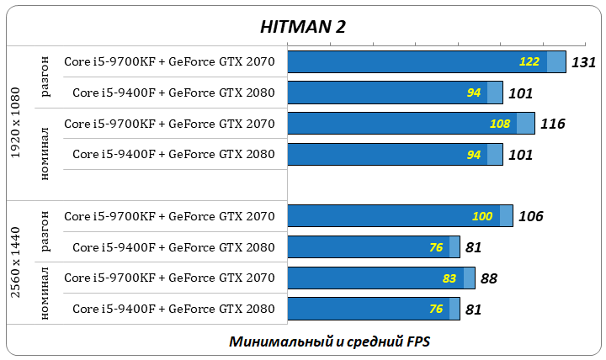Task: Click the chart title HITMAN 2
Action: [303, 27]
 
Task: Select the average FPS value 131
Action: [583, 62]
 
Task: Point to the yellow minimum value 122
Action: [529, 62]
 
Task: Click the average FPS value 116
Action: [552, 124]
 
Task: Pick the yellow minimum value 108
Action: [500, 124]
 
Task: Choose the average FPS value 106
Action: [530, 216]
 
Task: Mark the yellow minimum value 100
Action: [482, 216]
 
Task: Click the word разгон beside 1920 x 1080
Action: [45, 77]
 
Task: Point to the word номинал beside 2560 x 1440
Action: [45, 293]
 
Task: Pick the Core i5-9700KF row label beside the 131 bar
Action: [169, 62]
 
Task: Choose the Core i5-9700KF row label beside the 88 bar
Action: [169, 278]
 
